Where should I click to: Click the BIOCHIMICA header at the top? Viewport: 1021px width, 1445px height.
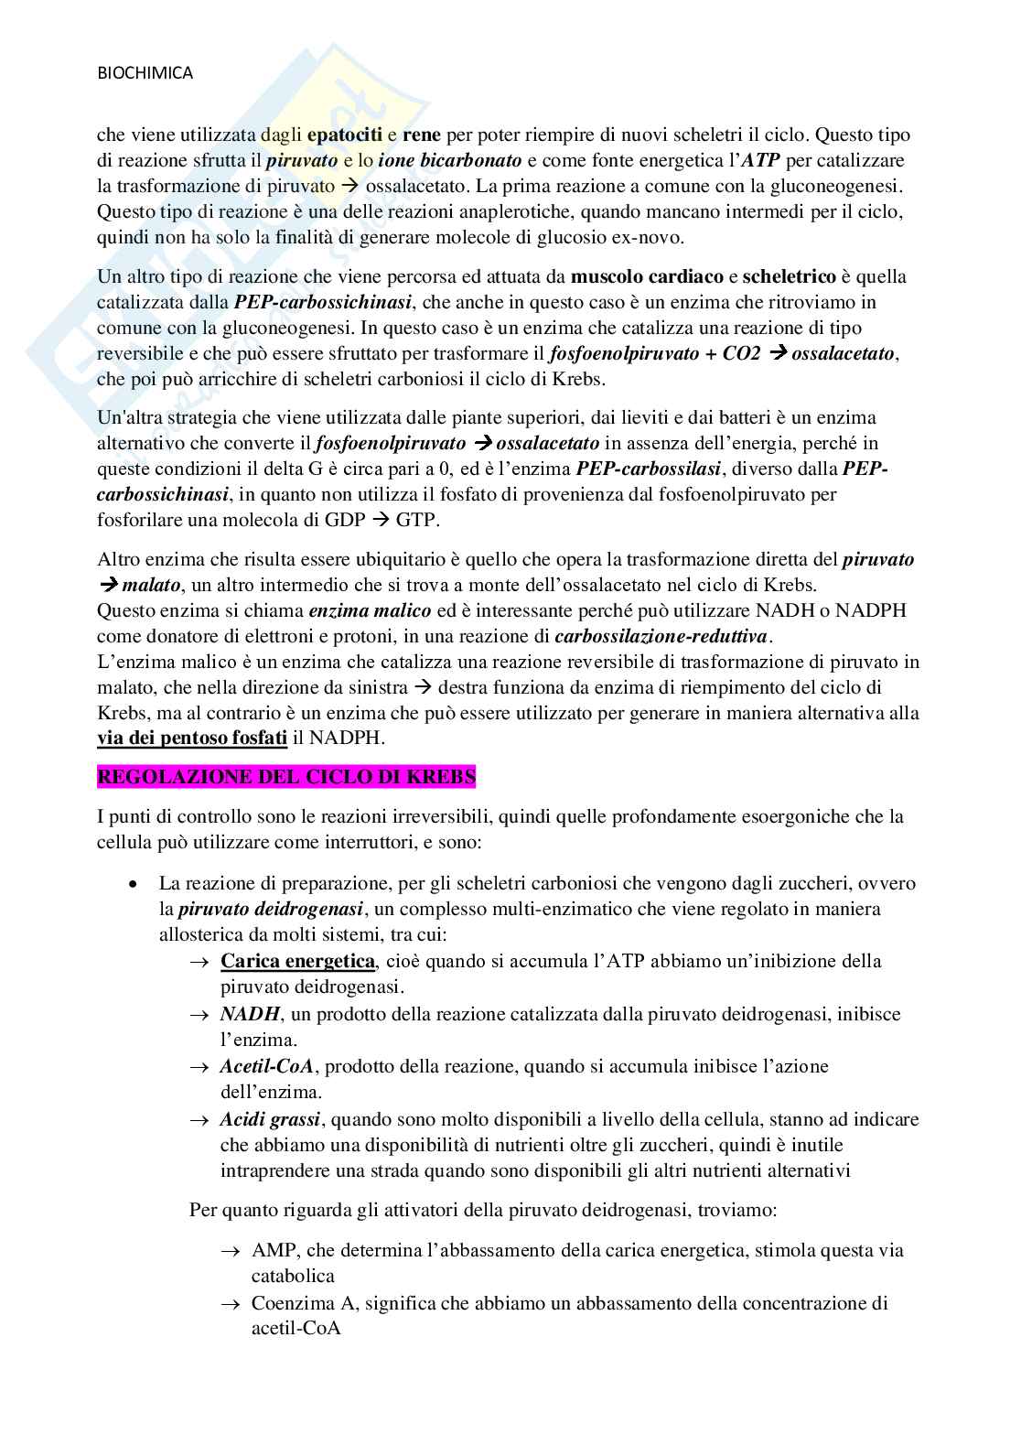pos(145,74)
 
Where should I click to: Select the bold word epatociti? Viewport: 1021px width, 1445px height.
pos(345,135)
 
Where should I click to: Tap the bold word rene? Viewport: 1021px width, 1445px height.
pos(421,135)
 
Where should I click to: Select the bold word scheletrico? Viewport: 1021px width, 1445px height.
pos(790,276)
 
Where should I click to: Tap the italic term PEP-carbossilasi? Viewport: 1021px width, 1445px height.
pos(649,469)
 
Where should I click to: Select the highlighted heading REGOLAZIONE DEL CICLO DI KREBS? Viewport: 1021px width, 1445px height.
pos(286,777)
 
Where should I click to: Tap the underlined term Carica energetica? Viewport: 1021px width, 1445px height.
pos(297,961)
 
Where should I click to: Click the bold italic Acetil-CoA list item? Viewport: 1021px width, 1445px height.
pos(266,1066)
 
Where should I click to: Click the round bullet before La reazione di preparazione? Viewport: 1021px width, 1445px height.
pos(134,884)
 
